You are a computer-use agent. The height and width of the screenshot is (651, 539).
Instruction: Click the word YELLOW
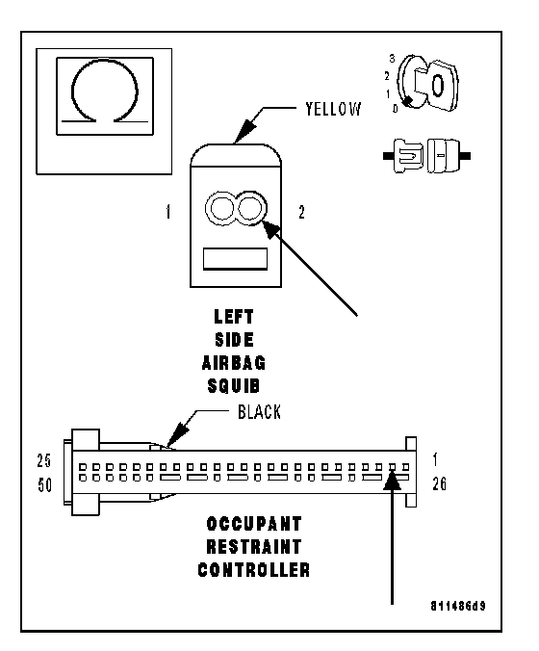coord(333,109)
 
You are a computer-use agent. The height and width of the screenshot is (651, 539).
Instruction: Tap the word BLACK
coord(259,412)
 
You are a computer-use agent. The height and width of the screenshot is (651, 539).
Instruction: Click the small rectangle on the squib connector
coord(235,259)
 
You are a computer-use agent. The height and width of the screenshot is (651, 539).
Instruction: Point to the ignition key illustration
coord(428,83)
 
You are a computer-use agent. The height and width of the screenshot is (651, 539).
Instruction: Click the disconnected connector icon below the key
coord(426,157)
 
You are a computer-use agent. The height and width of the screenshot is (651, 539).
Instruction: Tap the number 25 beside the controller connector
coord(44,461)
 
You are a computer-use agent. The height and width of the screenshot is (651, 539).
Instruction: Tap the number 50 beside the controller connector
coord(45,485)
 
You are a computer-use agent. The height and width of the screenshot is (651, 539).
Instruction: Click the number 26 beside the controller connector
coord(440,483)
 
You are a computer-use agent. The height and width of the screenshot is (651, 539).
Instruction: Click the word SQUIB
coord(234,386)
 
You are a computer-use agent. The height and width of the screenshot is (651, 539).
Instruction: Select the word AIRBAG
coord(234,363)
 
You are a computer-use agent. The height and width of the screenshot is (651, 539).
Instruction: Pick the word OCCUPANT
coord(254,524)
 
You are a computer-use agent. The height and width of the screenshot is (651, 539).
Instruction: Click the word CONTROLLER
coord(254,570)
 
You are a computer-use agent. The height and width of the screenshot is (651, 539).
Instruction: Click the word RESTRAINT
coord(254,547)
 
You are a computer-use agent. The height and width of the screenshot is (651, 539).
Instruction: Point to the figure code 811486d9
coord(458,606)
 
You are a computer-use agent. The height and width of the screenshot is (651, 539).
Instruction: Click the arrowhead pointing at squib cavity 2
coord(271,229)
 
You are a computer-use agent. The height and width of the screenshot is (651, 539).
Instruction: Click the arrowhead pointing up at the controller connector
coord(392,480)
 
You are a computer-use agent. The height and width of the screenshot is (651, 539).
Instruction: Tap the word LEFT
coord(234,317)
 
